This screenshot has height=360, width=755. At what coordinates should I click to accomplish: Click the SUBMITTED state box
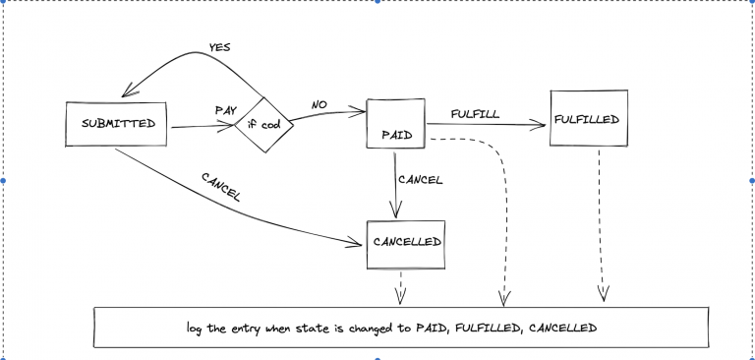[x=117, y=123]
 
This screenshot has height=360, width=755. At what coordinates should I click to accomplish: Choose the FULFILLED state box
[x=586, y=119]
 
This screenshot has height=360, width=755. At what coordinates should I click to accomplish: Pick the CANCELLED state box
[x=407, y=241]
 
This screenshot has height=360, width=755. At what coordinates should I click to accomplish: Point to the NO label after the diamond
[x=319, y=102]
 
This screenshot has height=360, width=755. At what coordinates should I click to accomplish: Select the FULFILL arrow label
[x=475, y=113]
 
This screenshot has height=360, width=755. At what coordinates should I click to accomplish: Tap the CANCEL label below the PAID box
[x=420, y=180]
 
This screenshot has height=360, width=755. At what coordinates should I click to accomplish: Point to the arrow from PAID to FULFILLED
[x=487, y=124]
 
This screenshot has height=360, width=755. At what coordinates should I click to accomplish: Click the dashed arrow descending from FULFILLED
[x=602, y=226]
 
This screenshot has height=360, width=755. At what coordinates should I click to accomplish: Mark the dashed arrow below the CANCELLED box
[x=399, y=287]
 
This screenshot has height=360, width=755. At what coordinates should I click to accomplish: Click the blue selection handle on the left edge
[x=4, y=181]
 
